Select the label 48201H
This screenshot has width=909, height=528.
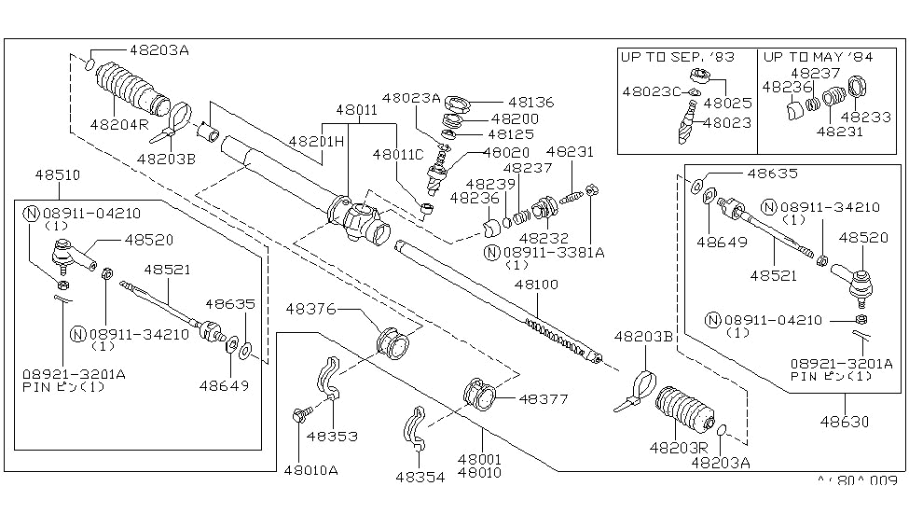316,141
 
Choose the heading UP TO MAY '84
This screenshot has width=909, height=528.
818,57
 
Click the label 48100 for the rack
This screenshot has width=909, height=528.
542,284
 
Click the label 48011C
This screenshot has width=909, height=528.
398,154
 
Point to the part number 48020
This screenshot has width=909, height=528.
507,151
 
